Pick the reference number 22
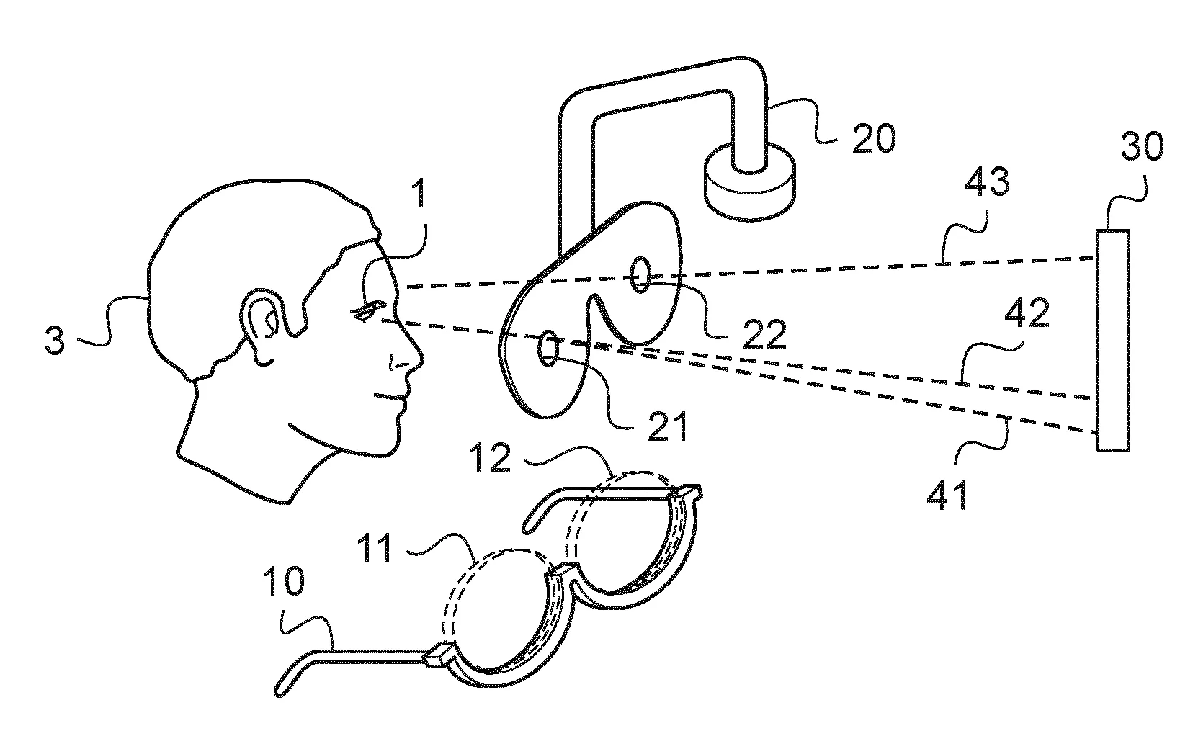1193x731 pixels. coord(762,333)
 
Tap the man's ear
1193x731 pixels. coord(262,324)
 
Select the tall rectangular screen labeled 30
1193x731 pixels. coord(1112,339)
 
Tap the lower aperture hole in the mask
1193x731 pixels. coord(548,347)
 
